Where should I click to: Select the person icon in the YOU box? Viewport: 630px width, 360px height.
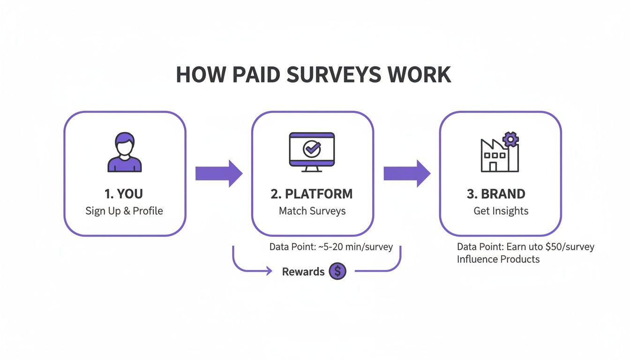tap(125, 152)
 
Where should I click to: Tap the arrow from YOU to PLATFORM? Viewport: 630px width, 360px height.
tap(218, 173)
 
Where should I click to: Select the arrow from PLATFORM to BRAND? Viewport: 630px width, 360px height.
tap(406, 173)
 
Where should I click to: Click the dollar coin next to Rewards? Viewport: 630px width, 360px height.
tap(337, 271)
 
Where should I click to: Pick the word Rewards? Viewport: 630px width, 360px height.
tap(303, 271)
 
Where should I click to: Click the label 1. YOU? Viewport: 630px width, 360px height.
tap(124, 194)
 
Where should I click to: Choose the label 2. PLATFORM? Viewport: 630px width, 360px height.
tap(312, 194)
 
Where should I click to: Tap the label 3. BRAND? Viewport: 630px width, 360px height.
tap(501, 194)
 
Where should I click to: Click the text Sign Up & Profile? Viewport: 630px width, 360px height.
tap(124, 211)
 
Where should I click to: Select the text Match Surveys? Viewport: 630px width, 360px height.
tap(312, 211)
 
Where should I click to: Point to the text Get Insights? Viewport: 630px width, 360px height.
tap(501, 211)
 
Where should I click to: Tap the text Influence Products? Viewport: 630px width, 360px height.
tap(498, 259)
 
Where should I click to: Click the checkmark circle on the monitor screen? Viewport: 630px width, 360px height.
tap(311, 149)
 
